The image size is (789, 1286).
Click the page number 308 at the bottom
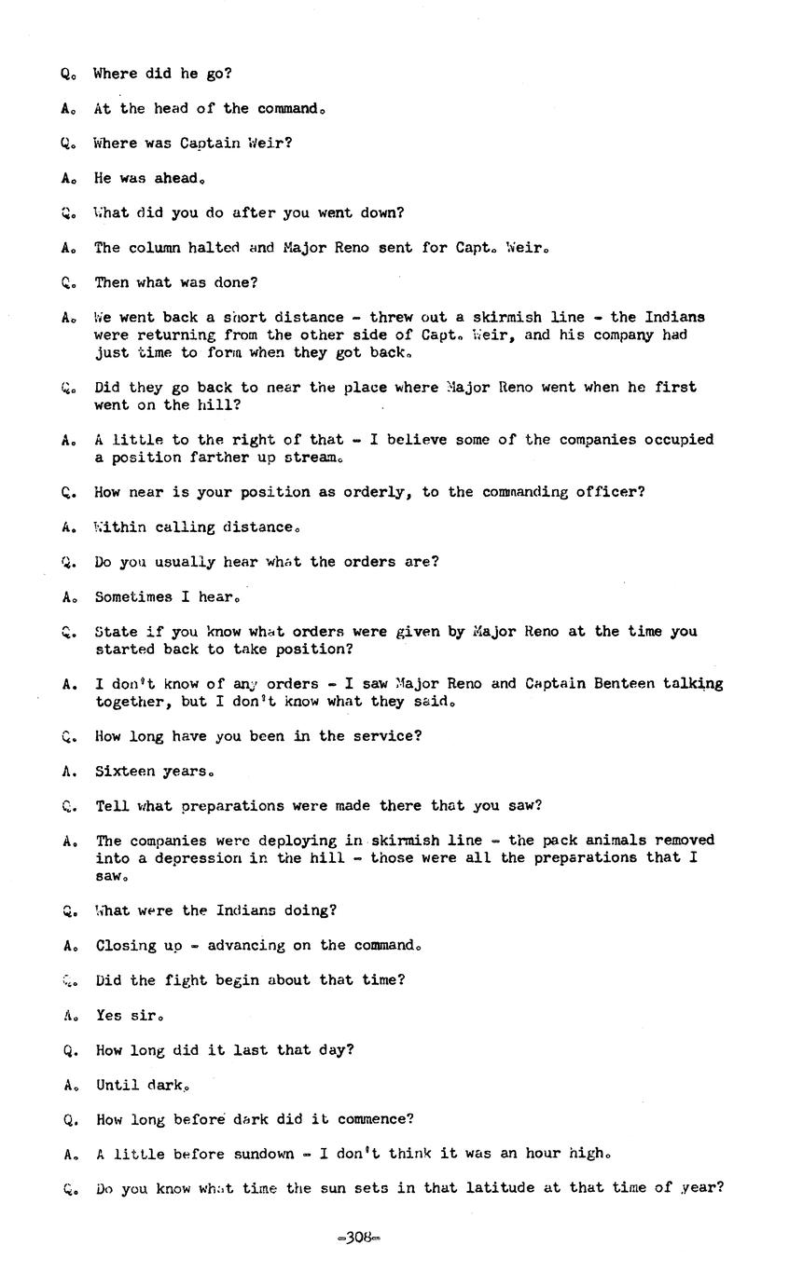359,1238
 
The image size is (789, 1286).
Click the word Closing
126,946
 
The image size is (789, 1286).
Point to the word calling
180,527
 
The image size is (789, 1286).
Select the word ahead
179,178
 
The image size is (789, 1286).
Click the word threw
392,318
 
